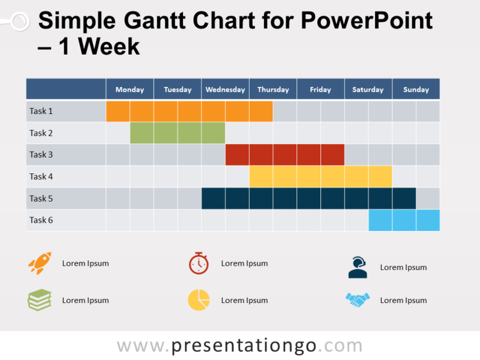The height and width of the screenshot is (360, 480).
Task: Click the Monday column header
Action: [130, 89]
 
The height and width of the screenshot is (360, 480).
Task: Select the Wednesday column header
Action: [225, 89]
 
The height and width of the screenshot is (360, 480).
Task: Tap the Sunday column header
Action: [416, 89]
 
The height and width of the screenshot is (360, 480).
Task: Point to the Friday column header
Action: [320, 89]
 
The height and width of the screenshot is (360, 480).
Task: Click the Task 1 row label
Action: [41, 111]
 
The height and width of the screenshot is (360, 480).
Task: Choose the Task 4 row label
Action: [41, 176]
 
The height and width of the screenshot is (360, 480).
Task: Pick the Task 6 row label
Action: [41, 220]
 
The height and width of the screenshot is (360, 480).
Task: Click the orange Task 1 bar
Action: [190, 112]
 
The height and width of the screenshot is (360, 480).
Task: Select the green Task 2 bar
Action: [178, 133]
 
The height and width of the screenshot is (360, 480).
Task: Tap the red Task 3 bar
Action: [284, 155]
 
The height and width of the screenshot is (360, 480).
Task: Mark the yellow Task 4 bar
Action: [320, 176]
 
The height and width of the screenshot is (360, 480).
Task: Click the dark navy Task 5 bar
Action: [308, 198]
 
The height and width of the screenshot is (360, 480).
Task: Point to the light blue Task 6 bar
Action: [404, 220]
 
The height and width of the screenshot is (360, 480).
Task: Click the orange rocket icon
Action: [40, 263]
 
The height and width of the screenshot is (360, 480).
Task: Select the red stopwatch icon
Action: [199, 263]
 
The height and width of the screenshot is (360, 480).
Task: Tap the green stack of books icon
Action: [40, 300]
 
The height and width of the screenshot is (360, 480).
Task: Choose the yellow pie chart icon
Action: [199, 300]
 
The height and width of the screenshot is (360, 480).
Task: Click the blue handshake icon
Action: [358, 300]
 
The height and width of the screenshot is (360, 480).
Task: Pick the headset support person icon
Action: [358, 268]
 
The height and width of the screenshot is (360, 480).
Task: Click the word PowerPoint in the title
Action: [366, 22]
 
